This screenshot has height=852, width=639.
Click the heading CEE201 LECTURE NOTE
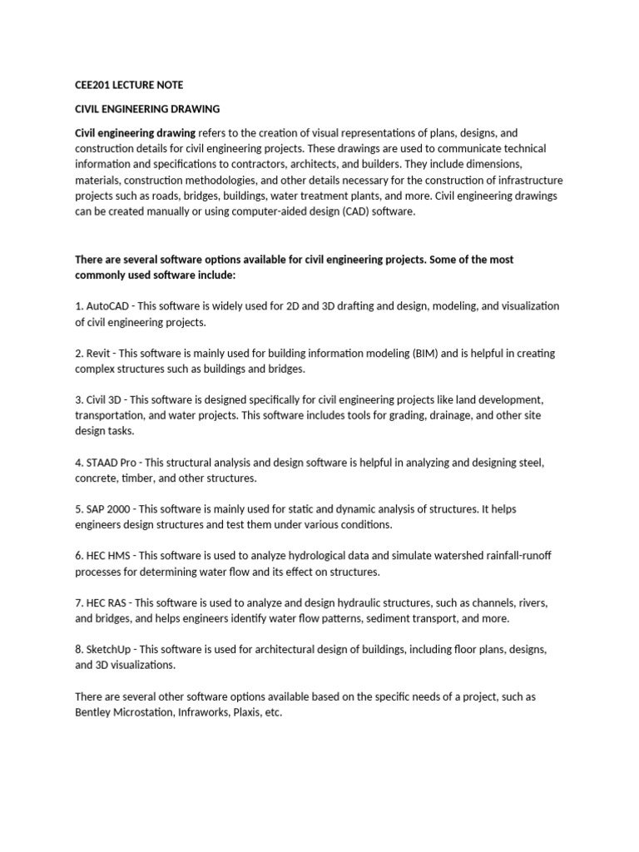coord(129,85)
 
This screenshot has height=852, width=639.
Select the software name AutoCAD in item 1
coord(100,306)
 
